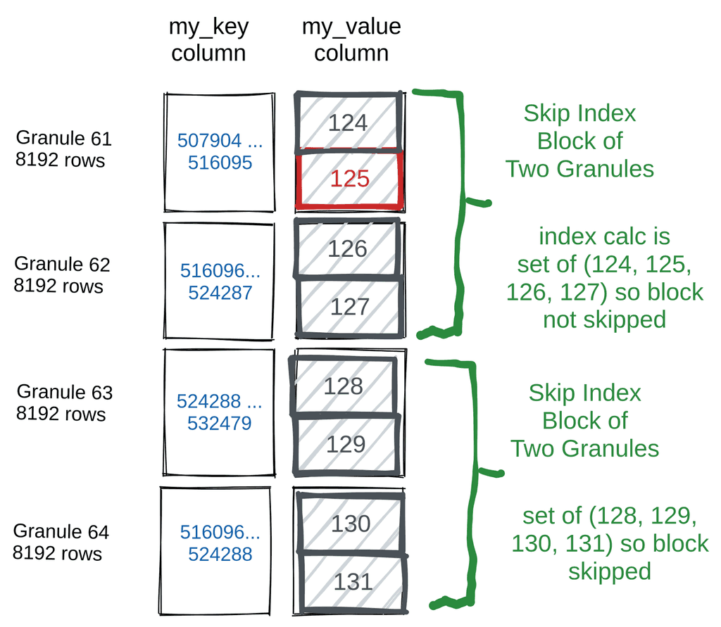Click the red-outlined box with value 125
pyautogui.click(x=350, y=179)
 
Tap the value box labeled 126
pyautogui.click(x=349, y=248)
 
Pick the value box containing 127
pyautogui.click(x=350, y=306)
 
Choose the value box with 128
pyautogui.click(x=344, y=386)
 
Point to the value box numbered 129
pyautogui.click(x=346, y=444)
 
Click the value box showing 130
pyautogui.click(x=351, y=524)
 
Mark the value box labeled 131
pyautogui.click(x=352, y=581)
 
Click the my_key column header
pyautogui.click(x=208, y=39)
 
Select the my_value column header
pyautogui.click(x=351, y=39)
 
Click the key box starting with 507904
pyautogui.click(x=219, y=152)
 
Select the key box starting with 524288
pyautogui.click(x=219, y=412)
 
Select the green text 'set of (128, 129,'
pyautogui.click(x=610, y=517)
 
